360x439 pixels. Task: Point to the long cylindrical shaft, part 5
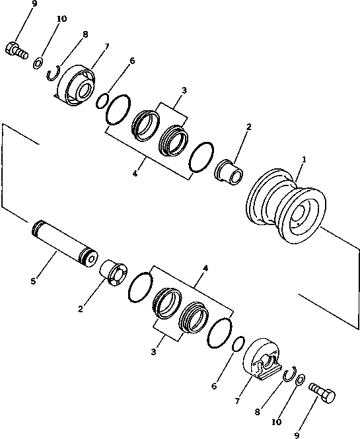click(63, 242)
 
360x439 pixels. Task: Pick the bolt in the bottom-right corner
click(322, 395)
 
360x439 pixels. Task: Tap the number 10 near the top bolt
click(61, 19)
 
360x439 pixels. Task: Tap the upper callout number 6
click(132, 61)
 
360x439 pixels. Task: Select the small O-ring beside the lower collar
click(239, 345)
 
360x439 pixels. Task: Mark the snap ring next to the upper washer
click(54, 71)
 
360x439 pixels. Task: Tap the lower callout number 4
click(205, 269)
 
